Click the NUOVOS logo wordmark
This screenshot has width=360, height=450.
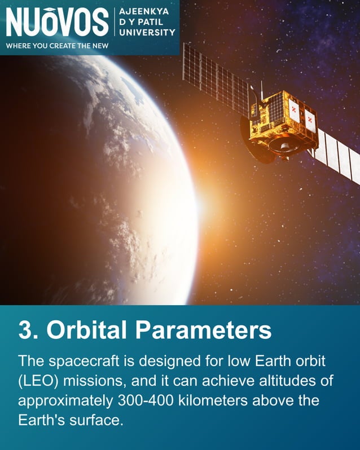coord(56,22)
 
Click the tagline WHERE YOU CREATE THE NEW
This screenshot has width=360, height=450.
coord(56,46)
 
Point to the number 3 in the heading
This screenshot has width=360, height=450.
coord(25,330)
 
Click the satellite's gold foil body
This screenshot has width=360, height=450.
coord(284,118)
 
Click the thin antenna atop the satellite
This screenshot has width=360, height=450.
coord(261,89)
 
